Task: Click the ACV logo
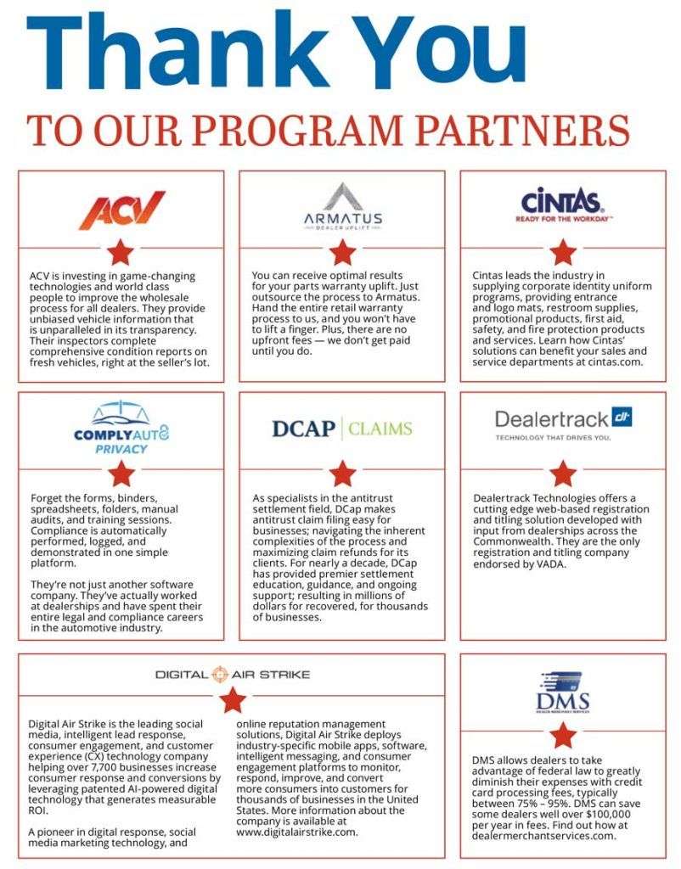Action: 121,210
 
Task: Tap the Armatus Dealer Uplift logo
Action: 342,206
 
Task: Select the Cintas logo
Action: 563,205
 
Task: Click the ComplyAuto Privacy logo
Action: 121,429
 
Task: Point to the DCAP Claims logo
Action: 342,428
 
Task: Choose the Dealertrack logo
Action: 563,422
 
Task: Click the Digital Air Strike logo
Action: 233,675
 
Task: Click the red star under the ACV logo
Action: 121,251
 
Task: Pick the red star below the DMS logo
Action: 563,735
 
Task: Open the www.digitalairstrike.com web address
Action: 297,833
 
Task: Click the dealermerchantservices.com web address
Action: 542,835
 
